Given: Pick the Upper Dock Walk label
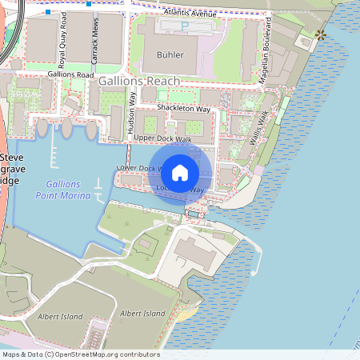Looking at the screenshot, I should (162, 138).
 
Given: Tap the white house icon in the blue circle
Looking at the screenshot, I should (180, 171).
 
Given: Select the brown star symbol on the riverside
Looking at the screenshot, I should (321, 34).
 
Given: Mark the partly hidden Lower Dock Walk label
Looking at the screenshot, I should (138, 168).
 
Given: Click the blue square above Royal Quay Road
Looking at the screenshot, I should (50, 13).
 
